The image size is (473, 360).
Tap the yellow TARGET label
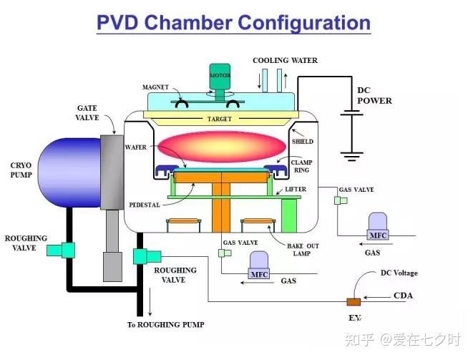(219, 120)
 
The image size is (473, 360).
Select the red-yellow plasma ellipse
(222, 147)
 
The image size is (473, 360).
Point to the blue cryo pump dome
(69, 172)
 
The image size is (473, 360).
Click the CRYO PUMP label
(21, 170)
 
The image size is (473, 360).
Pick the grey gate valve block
(112, 172)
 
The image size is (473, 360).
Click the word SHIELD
(303, 141)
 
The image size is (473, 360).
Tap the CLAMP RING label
(302, 166)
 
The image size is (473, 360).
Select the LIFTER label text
(296, 189)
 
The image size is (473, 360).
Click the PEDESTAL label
(145, 205)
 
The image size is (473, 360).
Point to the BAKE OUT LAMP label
(303, 250)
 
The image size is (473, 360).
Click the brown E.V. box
(353, 302)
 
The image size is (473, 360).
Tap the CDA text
(403, 296)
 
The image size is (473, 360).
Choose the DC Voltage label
(399, 273)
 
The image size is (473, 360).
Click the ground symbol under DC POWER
(351, 156)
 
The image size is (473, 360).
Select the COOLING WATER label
(285, 60)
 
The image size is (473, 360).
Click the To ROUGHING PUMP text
(165, 325)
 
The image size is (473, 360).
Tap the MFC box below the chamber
(259, 274)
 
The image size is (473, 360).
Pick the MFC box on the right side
(378, 235)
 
